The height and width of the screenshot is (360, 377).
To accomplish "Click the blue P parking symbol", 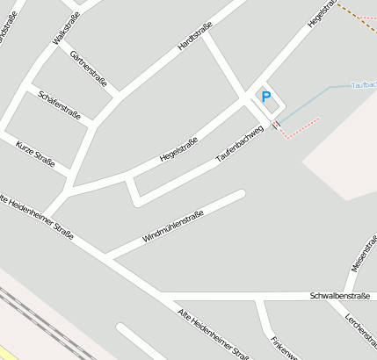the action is [x=265, y=97].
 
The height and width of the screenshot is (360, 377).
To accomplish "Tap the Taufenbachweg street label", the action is [x=239, y=148].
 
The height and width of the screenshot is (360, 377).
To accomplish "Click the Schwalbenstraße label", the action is [x=340, y=297].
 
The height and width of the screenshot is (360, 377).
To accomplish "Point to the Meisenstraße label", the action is [x=360, y=253].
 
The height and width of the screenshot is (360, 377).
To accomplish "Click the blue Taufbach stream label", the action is [x=363, y=85].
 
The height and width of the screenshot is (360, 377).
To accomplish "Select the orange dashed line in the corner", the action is [x=355, y=17].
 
